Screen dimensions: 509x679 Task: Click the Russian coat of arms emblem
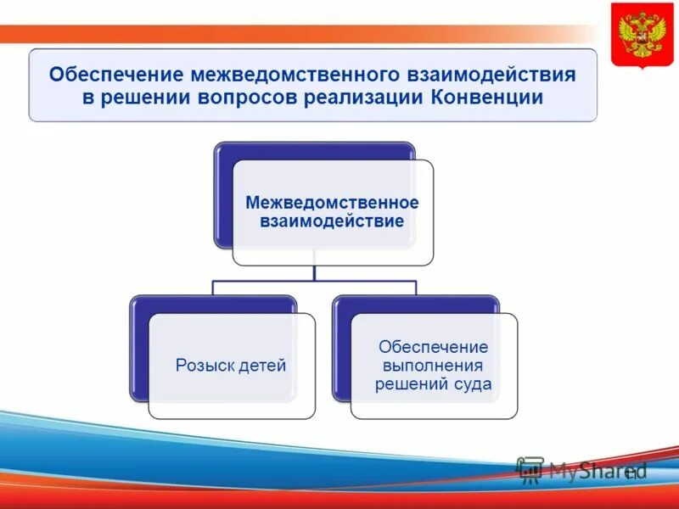pos(643,35)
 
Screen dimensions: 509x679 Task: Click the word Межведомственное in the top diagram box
pos(332,203)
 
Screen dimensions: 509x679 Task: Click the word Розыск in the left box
pos(203,366)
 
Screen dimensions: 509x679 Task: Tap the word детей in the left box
pos(260,366)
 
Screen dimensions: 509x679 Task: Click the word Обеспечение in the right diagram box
pos(433,347)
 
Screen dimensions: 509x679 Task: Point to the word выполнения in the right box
pos(433,366)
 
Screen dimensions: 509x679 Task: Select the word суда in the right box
pos(472,384)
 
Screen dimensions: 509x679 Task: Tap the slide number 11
pos(631,473)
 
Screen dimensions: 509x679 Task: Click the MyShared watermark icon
pos(530,470)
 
